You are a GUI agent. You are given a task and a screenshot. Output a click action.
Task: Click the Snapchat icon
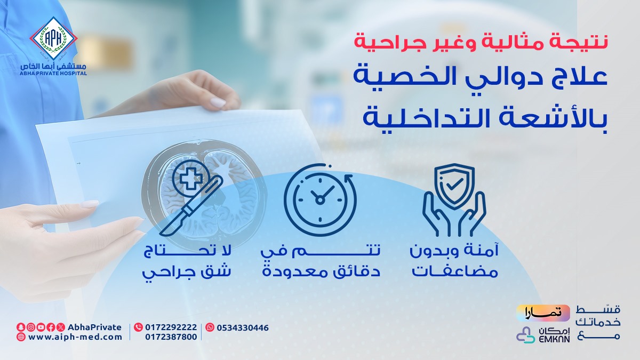(x=20, y=327)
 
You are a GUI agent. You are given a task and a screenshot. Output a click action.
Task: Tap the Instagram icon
(x=31, y=327)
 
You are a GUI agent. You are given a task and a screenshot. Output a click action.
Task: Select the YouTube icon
(x=41, y=327)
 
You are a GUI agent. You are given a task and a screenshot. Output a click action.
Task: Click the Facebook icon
(x=51, y=327)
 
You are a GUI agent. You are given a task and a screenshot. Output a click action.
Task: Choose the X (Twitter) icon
(x=60, y=327)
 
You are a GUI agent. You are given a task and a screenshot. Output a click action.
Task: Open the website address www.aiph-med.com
(x=75, y=337)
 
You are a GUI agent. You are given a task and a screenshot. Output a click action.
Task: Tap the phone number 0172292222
(x=171, y=327)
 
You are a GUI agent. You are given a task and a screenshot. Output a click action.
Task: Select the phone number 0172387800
(x=171, y=337)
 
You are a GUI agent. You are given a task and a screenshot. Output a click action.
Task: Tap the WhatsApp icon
(x=210, y=327)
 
